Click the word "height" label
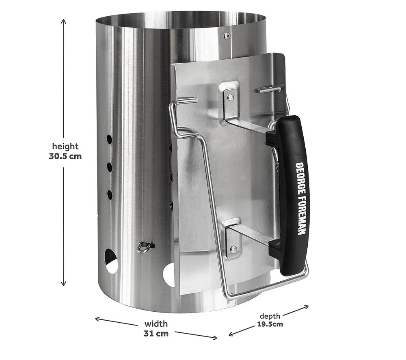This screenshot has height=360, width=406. pos(65,147)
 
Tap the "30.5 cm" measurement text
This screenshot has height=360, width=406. pos(65,156)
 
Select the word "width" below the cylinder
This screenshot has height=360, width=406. pos(156,324)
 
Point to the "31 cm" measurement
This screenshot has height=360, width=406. pos(156,334)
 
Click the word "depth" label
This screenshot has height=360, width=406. pos(270,316)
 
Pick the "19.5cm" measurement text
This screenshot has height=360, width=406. pos(270,324)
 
